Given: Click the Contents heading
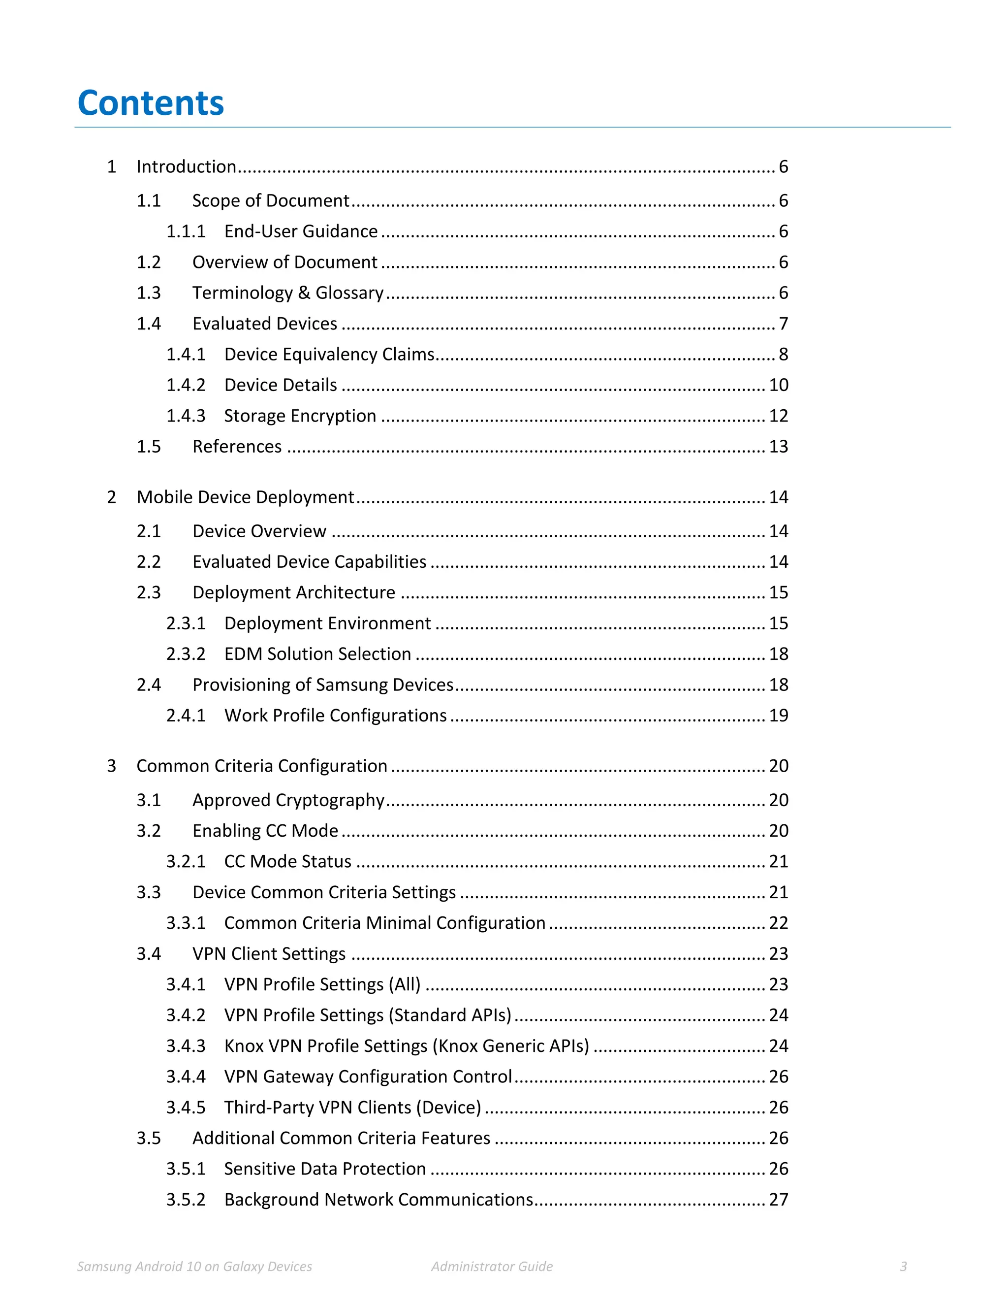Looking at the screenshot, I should (151, 103).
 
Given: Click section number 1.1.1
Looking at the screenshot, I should (185, 231).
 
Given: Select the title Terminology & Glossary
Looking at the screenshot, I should (287, 293).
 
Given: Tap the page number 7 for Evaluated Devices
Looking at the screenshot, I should (783, 324).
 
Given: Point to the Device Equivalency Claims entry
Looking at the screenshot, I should (329, 355).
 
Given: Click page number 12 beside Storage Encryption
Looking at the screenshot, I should (778, 416).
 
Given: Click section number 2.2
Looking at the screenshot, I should (149, 562).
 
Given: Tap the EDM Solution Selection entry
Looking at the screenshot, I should (317, 653).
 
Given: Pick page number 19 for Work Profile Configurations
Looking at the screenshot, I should (778, 715).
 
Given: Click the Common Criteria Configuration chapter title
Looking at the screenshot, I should (261, 766).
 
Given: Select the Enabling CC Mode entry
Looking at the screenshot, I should (265, 831).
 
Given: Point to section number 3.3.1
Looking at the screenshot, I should (185, 923).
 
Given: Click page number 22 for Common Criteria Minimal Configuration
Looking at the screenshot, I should (778, 923).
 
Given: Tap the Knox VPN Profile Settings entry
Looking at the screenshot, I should (406, 1045).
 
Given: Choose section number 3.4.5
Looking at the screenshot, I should (185, 1107).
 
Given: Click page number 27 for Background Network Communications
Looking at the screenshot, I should (778, 1199).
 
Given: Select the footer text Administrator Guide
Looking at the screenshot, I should (492, 1266).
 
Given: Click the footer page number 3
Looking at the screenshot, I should (903, 1266).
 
